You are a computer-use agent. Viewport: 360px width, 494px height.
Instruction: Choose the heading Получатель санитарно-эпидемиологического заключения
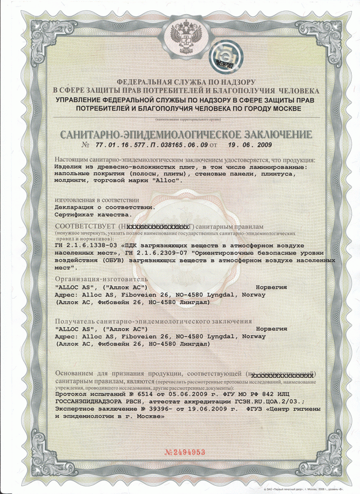tap(153, 322)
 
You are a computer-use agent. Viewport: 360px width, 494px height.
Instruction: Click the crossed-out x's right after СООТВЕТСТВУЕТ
tap(160, 226)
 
